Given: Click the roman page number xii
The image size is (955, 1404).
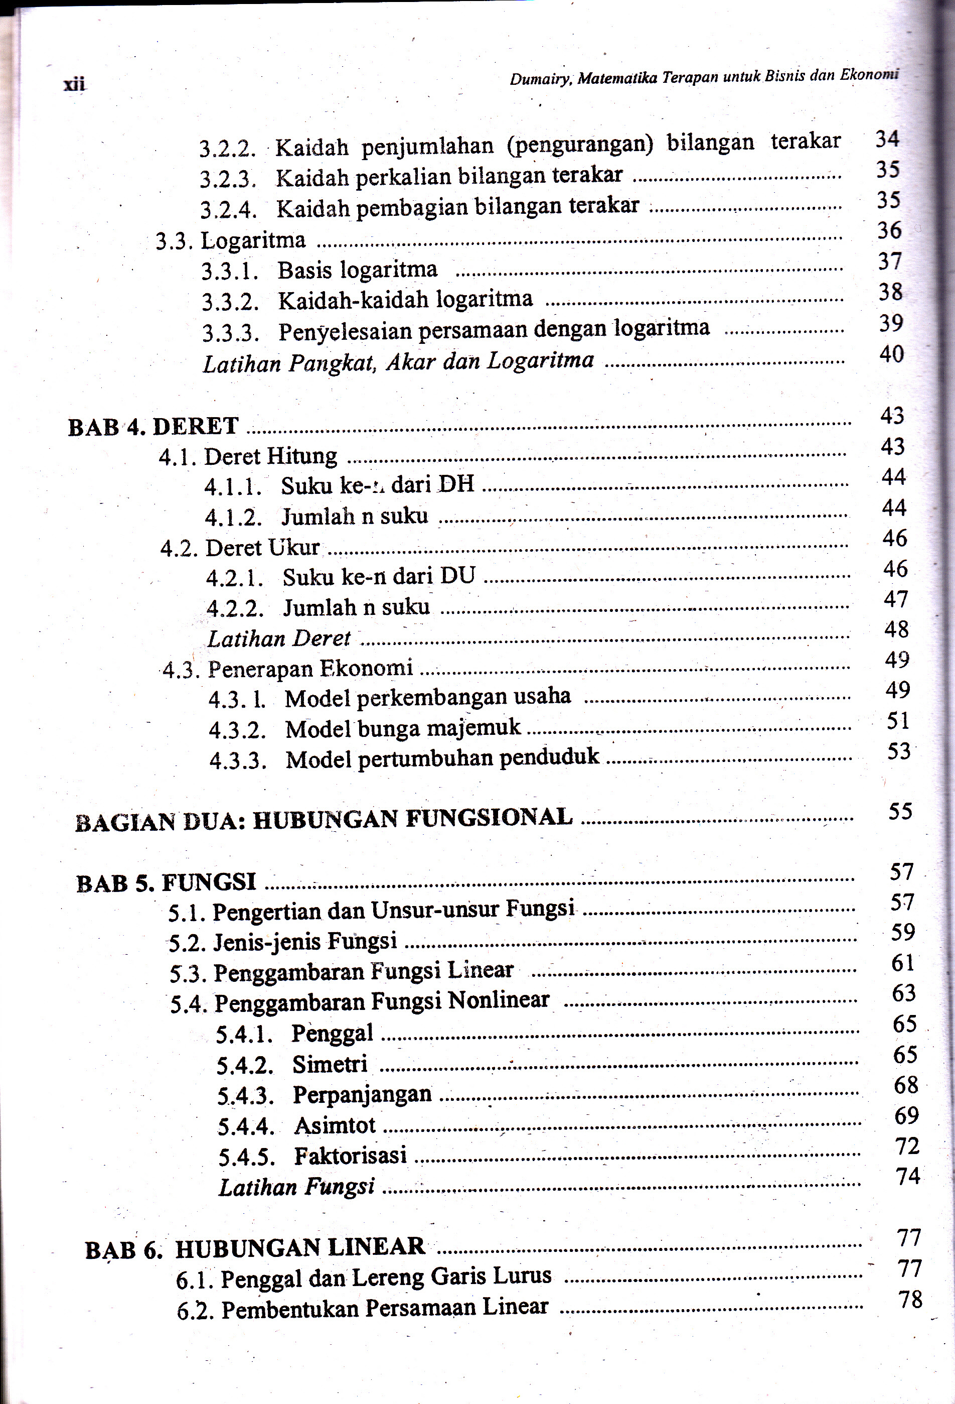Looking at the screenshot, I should [x=74, y=84].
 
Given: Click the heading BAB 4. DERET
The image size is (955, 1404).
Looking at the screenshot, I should [x=153, y=427].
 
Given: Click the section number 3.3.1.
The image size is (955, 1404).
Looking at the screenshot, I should [x=229, y=271].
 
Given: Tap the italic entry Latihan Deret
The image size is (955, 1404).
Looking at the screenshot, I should [x=278, y=639].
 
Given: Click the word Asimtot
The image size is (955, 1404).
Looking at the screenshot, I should [x=335, y=1125].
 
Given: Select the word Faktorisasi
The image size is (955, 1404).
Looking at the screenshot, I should [x=350, y=1156].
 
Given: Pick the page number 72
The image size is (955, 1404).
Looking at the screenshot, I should [x=907, y=1145].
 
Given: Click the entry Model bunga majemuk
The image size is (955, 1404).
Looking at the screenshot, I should [x=403, y=728].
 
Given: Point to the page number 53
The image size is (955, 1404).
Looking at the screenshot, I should [x=898, y=751].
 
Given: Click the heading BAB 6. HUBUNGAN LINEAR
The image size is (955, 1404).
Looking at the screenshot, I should [x=255, y=1248].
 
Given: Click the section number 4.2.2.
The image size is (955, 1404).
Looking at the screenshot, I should [x=235, y=608].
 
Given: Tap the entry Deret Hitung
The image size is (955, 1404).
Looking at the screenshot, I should [x=270, y=456].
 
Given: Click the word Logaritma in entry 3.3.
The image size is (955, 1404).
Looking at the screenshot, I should [x=253, y=240].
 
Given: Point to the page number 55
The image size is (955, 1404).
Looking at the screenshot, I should [x=899, y=811].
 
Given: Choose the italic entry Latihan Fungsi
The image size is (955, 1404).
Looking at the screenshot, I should [x=296, y=1187].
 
